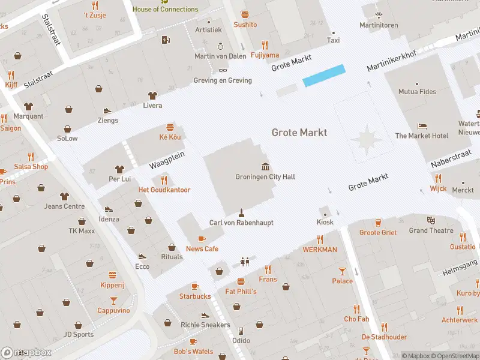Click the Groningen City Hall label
click(x=265, y=177)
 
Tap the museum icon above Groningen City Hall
click(x=265, y=166)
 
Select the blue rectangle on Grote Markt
click(x=324, y=76)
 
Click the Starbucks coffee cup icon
click(x=194, y=287)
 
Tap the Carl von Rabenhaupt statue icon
click(x=241, y=212)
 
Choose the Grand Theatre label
click(x=431, y=230)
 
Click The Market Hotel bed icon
click(x=422, y=127)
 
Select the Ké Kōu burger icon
click(x=170, y=127)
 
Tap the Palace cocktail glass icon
click(x=342, y=271)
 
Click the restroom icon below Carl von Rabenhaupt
click(x=244, y=262)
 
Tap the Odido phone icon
click(x=241, y=331)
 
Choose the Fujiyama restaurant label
click(x=265, y=55)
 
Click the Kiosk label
click(x=325, y=223)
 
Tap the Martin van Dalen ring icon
click(x=220, y=46)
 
